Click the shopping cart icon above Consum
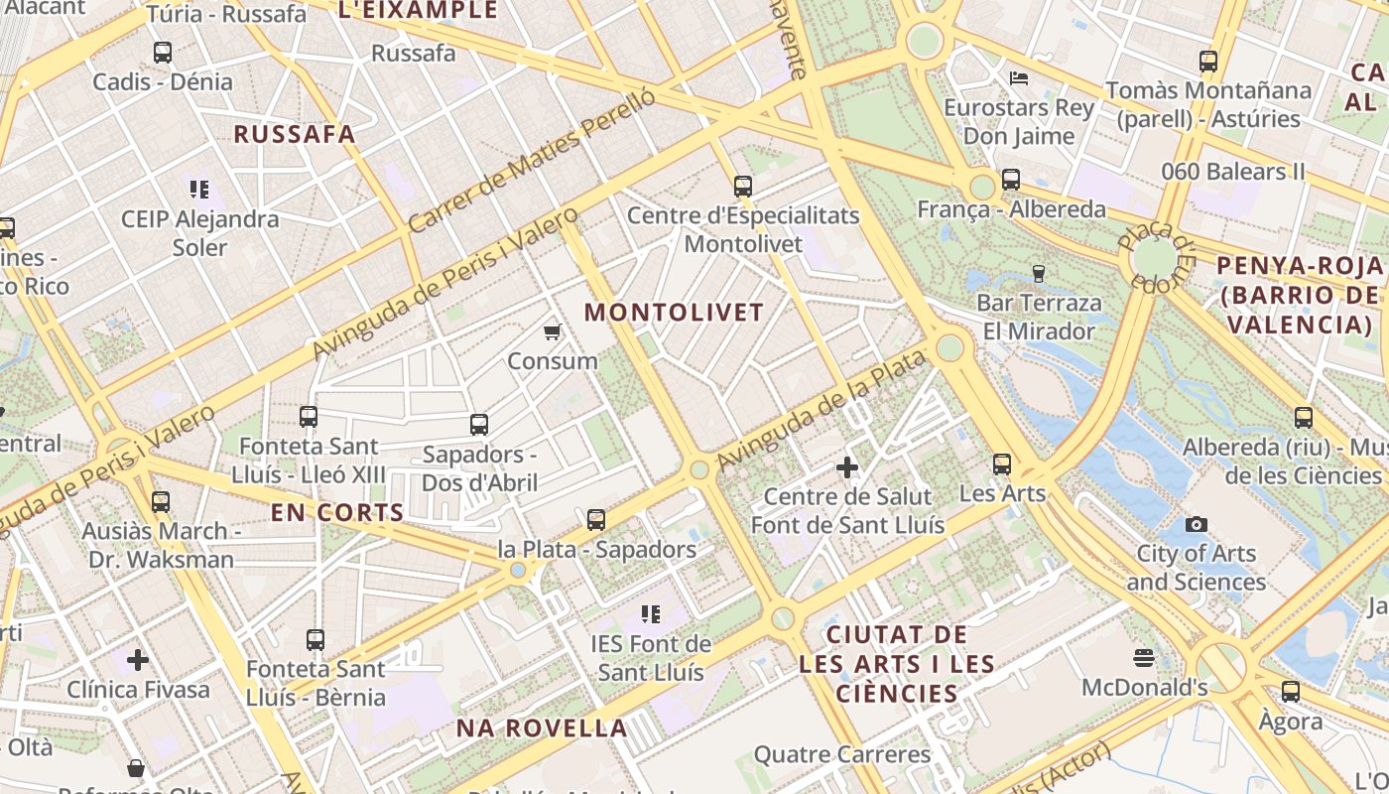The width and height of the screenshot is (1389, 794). coord(553,331)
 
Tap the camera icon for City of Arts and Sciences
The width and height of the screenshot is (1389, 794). coord(1197,524)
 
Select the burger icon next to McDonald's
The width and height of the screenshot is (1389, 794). coord(1144,658)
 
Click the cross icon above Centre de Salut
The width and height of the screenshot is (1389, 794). coord(847,466)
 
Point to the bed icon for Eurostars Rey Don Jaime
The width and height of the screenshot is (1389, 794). coord(1019,78)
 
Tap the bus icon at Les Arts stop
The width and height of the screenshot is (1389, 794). coord(1002,463)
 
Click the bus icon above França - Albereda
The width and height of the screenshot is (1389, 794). coord(1011,180)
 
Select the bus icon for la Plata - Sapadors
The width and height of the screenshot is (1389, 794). coord(596,519)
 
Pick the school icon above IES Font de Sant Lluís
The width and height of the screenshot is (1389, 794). coord(651,614)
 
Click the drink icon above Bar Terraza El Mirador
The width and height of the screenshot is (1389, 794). coord(1039,273)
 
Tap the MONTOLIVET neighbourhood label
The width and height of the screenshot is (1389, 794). coord(674,313)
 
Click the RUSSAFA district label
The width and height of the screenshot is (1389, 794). coord(294,135)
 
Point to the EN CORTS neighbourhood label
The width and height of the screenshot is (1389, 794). coord(337,513)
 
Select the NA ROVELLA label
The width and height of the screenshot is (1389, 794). coord(542,728)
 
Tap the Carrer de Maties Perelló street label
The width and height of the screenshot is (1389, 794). coord(532,160)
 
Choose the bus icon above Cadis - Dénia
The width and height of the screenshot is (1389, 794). coord(163,52)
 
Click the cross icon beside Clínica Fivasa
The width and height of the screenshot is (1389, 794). coord(138,659)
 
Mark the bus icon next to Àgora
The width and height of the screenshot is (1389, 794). coord(1291,692)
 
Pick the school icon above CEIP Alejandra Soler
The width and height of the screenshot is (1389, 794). coord(199,189)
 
